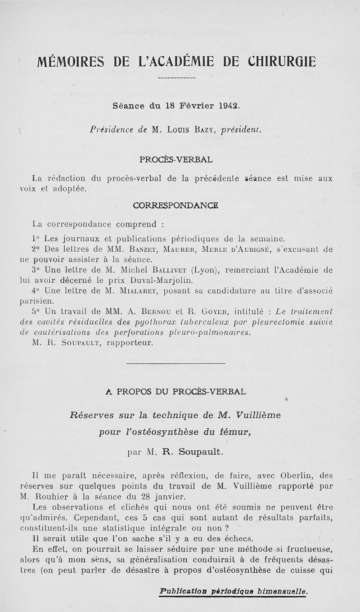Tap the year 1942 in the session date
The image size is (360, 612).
pos(228,107)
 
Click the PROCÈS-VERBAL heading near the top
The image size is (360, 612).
pos(176,159)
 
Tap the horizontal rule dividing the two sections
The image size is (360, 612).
pos(176,363)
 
